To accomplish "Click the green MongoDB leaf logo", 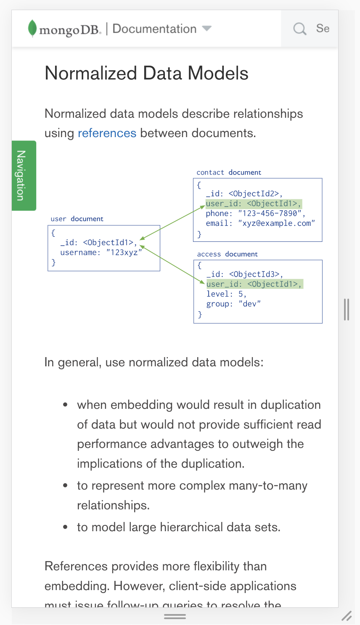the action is (32, 28).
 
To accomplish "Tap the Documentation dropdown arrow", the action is (206, 29).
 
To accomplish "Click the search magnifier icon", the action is (300, 29).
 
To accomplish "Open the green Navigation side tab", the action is (24, 175).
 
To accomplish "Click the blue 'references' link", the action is (107, 133).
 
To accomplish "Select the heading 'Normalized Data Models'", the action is (146, 73).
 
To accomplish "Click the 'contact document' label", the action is (229, 172).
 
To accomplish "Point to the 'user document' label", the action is (77, 219).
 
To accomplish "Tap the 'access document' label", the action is (227, 254).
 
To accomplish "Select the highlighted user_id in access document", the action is (254, 284).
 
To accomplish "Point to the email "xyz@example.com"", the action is (276, 223).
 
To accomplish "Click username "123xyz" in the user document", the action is (124, 252).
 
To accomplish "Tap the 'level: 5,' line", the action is (226, 294).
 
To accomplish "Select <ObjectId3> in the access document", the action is (254, 274).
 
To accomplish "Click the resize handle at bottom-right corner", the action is (347, 616).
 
